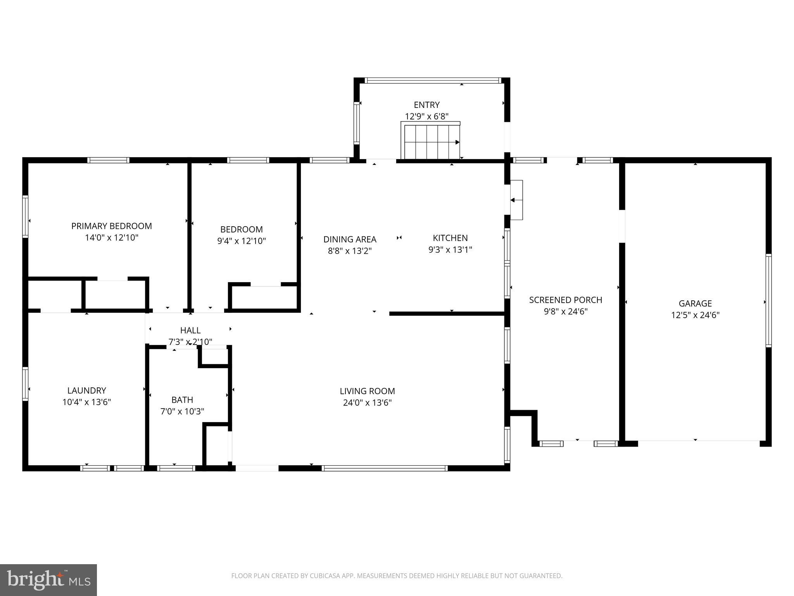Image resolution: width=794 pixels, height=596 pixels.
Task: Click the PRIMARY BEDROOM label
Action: [111, 226]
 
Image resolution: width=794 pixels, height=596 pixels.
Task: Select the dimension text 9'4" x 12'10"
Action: [241, 241]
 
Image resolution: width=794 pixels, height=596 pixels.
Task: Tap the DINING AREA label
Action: [350, 239]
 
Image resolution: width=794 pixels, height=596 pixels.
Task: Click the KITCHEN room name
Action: [450, 238]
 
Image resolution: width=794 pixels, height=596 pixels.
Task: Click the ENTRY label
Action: [426, 105]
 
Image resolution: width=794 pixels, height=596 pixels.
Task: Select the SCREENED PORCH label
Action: [565, 300]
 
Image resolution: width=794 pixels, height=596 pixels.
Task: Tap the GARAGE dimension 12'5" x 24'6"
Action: [695, 315]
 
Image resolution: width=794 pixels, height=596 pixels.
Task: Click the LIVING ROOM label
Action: [367, 391]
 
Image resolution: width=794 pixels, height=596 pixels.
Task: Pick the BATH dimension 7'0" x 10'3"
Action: [182, 411]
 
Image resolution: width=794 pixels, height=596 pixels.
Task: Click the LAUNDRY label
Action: [86, 390]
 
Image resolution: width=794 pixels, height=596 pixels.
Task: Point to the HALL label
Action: [190, 330]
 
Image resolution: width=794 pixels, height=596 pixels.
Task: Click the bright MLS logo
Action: [48, 580]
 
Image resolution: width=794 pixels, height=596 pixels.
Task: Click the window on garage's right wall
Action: [768, 300]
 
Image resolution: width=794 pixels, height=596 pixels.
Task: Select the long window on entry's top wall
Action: [433, 81]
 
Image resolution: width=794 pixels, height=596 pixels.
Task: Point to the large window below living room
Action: [385, 468]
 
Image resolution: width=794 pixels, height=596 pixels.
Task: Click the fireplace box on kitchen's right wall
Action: [516, 200]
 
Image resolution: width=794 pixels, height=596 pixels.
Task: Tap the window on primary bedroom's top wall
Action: [108, 160]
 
